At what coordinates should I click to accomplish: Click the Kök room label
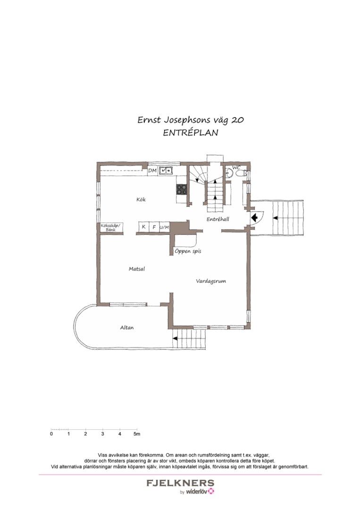point(141,200)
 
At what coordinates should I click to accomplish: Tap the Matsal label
point(137,269)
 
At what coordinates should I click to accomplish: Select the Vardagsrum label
point(211,281)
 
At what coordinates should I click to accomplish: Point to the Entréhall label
point(218,220)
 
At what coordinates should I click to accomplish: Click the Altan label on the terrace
point(126,327)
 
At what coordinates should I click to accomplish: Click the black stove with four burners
point(182,189)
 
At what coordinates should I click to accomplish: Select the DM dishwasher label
point(152,170)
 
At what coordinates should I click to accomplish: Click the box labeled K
point(143,227)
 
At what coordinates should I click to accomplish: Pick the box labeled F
point(154,227)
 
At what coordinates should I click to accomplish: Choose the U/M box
point(164,227)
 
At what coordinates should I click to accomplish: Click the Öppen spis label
point(188,251)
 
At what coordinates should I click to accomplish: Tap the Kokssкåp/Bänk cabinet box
point(111,228)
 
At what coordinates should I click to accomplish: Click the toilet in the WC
point(229,174)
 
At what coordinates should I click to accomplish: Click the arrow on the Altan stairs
point(175,338)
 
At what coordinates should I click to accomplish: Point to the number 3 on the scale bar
point(102,433)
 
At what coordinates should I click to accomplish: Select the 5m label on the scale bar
point(136,433)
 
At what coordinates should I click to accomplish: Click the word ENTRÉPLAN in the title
point(191,133)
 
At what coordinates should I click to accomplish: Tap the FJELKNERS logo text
point(180,483)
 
